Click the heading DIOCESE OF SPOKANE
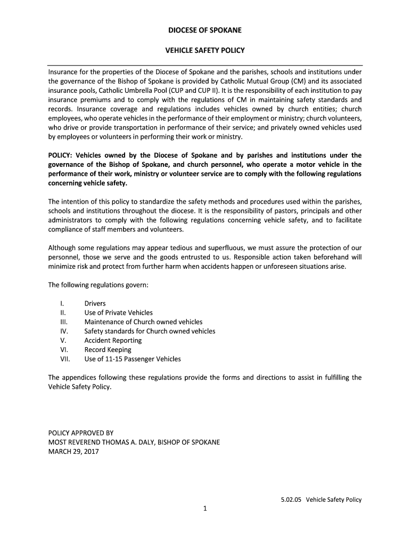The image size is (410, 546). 205,30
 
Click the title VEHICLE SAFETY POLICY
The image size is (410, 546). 205,51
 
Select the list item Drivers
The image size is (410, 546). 95,303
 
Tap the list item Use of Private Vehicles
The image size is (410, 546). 118,312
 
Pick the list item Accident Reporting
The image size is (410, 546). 113,340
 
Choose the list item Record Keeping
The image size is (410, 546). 108,350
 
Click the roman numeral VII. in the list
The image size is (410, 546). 65,359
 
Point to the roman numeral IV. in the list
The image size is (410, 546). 64,331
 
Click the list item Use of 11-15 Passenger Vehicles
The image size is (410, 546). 133,359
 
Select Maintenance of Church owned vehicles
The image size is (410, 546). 143,322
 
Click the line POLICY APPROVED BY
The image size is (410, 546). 81,433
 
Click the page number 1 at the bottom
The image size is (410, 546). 204,508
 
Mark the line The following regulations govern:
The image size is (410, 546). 98,285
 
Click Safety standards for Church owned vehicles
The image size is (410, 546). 150,331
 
